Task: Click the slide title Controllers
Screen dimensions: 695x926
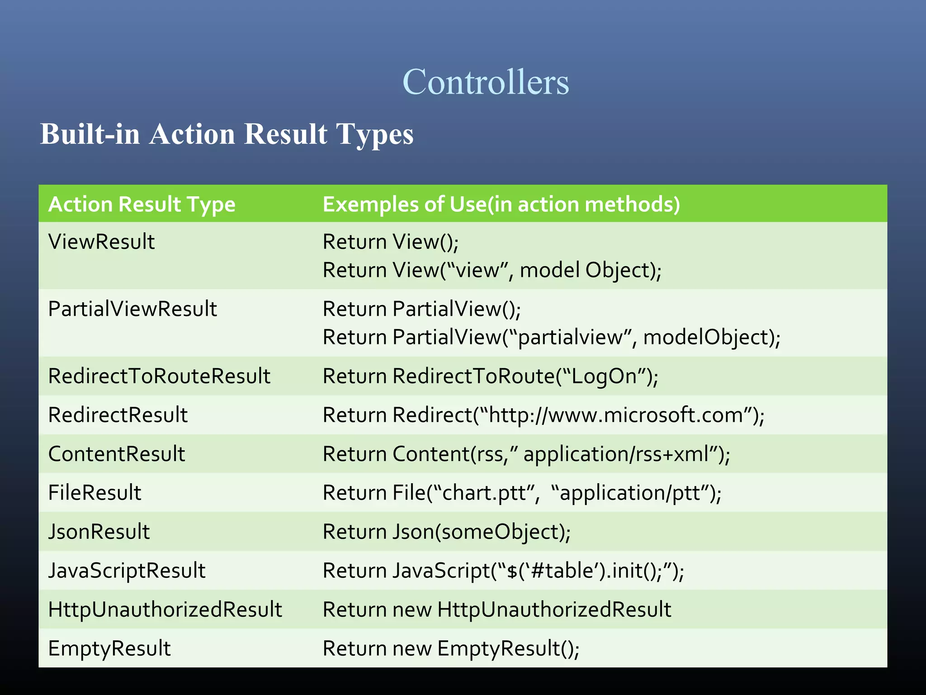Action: (x=485, y=82)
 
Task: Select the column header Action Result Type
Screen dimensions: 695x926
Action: (x=142, y=205)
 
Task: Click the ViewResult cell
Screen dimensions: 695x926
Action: (x=101, y=242)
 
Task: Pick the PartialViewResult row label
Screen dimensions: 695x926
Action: (x=132, y=309)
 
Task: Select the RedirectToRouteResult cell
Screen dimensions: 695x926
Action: (x=159, y=376)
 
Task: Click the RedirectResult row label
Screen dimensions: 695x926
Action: (x=118, y=415)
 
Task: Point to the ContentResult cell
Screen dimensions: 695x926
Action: (x=116, y=454)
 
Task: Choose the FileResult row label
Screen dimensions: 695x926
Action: (x=94, y=493)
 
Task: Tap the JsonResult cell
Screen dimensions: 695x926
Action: (x=99, y=532)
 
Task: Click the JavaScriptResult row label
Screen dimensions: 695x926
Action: (x=127, y=571)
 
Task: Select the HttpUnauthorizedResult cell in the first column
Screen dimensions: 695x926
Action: (x=165, y=610)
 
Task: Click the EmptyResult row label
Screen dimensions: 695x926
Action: (x=109, y=649)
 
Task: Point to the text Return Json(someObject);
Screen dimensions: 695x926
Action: (x=446, y=532)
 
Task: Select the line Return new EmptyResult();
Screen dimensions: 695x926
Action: (x=450, y=649)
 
